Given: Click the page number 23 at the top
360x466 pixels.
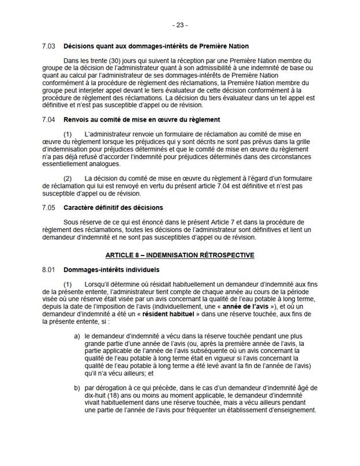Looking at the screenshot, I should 180,25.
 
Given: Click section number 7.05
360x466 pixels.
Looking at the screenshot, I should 50,207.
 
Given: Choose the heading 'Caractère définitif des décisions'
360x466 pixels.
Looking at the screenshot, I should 113,207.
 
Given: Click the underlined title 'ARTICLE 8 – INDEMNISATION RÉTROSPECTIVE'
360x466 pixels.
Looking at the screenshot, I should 180,254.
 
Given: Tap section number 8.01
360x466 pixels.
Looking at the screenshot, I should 50,269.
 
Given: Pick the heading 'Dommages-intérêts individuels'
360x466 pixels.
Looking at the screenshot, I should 108,269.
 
